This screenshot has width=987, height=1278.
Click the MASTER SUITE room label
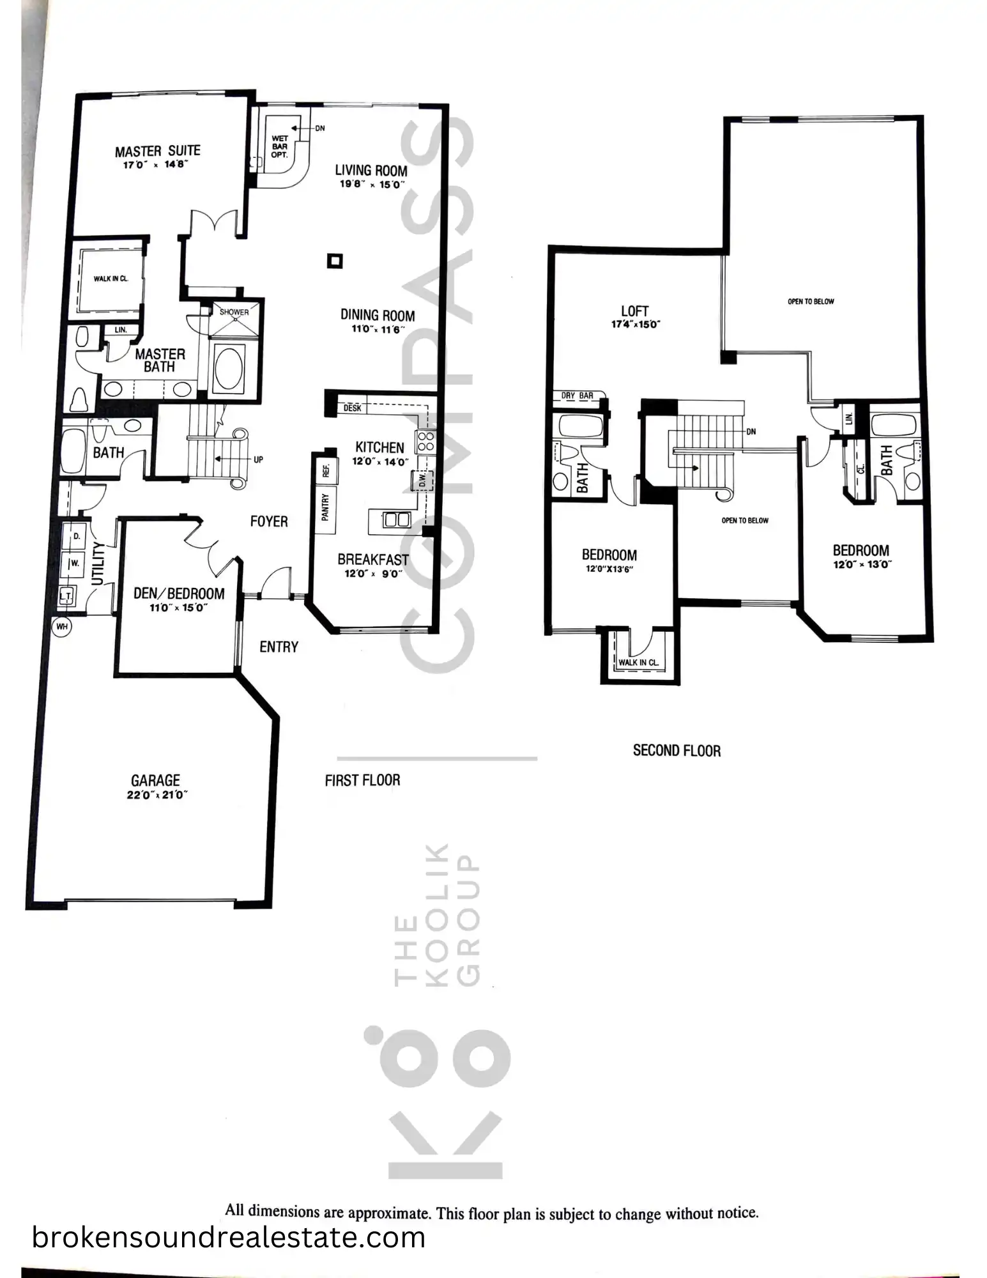coord(158,151)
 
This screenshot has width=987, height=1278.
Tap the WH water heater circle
coord(62,626)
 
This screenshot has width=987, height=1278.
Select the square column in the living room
coord(335,261)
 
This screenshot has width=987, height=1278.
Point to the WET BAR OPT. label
coord(280,146)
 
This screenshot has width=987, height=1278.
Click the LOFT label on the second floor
coord(634,311)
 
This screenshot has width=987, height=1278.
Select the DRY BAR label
coord(578,396)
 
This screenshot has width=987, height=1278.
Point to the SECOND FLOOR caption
coord(677,751)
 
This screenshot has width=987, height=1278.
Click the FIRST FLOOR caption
coord(362,780)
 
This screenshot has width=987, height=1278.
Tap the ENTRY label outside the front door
coord(279,647)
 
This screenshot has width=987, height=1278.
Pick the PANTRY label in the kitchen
coord(326,507)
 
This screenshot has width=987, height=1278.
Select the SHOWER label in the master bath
coord(234,312)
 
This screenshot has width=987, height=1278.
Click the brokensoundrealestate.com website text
coord(229,1238)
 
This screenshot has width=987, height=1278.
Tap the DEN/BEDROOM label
coord(179,594)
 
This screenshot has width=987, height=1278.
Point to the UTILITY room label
coord(98,564)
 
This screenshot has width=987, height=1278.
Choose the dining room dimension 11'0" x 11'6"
coord(378,330)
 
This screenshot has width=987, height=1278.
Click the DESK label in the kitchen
coord(352,408)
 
